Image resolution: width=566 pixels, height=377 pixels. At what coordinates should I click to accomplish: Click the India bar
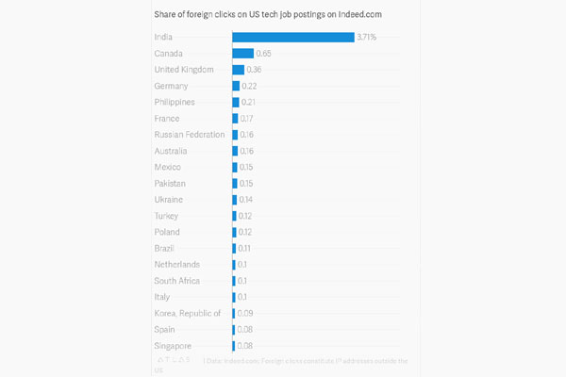coord(292,37)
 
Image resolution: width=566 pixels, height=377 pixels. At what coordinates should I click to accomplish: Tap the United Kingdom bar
coord(239,70)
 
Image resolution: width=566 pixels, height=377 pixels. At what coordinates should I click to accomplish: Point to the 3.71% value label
coord(367,37)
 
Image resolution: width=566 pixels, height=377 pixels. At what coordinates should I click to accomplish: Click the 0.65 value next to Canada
coord(264,54)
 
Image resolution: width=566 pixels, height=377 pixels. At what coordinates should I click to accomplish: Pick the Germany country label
coord(172,86)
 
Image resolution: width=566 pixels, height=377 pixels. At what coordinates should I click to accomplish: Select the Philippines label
coord(175,102)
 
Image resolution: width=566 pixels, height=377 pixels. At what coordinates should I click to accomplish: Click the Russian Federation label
coord(190,135)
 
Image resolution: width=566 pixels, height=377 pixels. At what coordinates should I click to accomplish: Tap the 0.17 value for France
coord(247,119)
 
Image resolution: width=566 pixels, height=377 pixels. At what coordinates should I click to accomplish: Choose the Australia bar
coord(235,151)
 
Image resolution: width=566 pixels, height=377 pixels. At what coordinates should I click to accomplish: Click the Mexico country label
coord(168,167)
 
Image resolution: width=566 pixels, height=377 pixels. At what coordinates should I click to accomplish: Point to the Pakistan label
coord(170,183)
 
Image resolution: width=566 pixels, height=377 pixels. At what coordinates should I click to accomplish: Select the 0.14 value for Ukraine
coord(246,200)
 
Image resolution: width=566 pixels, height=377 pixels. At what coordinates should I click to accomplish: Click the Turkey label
coord(167,216)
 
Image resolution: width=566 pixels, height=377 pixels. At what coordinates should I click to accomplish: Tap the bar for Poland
coord(235,232)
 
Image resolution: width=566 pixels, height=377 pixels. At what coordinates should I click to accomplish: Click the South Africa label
coord(176,281)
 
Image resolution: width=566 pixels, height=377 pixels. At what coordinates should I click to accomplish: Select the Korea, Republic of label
coord(187,313)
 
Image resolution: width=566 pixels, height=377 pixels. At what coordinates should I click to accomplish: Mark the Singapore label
coord(174,346)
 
